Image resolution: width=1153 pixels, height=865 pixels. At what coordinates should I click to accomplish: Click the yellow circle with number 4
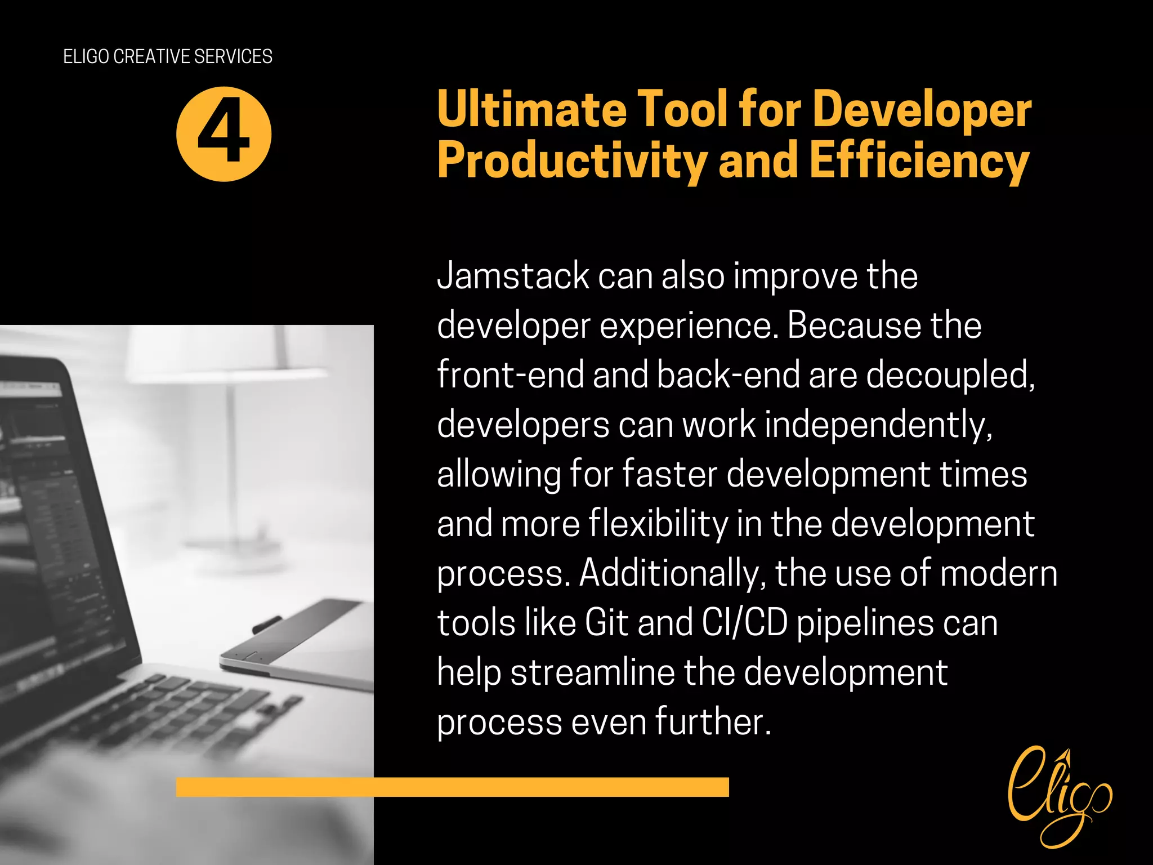pyautogui.click(x=224, y=134)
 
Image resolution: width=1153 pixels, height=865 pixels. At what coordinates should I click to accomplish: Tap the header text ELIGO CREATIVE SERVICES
pyautogui.click(x=168, y=56)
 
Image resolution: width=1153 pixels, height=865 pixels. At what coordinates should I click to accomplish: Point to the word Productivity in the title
pyautogui.click(x=572, y=162)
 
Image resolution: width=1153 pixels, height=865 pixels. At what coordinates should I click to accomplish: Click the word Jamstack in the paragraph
pyautogui.click(x=512, y=277)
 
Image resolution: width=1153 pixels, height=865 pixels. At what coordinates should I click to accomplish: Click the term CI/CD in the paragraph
pyautogui.click(x=744, y=623)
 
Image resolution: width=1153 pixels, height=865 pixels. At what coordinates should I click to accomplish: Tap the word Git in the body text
pyautogui.click(x=606, y=623)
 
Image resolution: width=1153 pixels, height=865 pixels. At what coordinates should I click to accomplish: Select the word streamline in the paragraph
pyautogui.click(x=592, y=672)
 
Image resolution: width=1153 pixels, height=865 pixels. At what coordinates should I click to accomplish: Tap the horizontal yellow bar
pyautogui.click(x=452, y=787)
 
